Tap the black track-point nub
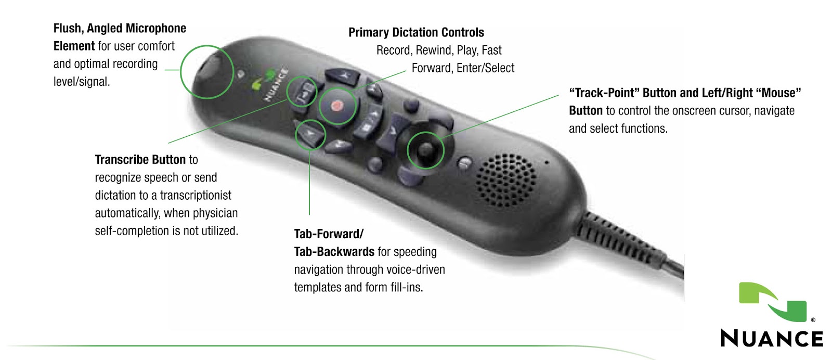[x=425, y=150]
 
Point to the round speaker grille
[x=505, y=179]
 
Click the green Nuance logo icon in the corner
[x=773, y=302]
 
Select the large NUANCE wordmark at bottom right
[x=772, y=338]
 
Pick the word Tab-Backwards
[x=334, y=252]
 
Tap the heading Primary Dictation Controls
[x=416, y=32]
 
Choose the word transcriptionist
[x=196, y=196]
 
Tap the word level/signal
[x=81, y=82]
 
